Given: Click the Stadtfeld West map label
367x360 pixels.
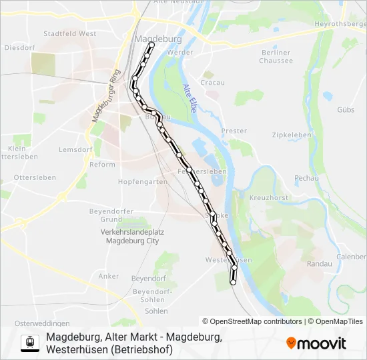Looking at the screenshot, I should coord(69,33).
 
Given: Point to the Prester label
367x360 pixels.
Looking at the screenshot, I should coord(234,131).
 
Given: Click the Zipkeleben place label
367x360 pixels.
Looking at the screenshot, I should coord(292,135).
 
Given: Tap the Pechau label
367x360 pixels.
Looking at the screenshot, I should coord(307,179).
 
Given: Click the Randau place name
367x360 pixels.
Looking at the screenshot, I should coord(319,264).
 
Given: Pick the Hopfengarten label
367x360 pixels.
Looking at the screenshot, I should coord(142,181).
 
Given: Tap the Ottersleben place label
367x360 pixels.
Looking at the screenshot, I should coord(35,178).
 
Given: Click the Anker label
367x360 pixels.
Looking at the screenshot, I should coord(109,276).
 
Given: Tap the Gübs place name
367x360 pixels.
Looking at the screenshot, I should coord(346,109).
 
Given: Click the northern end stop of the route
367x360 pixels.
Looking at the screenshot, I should coord(151,45).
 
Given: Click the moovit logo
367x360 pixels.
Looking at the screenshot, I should coord(316,343).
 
